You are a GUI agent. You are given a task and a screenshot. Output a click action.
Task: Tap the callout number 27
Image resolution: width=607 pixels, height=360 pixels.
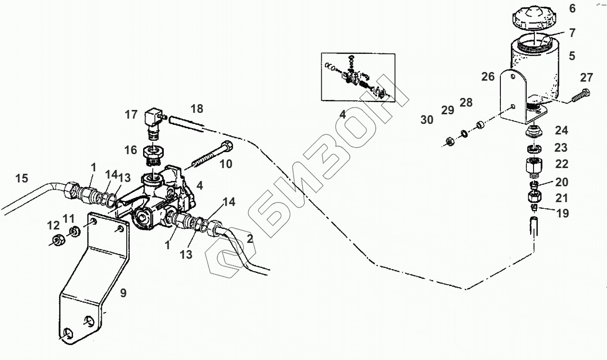pyautogui.click(x=586, y=77)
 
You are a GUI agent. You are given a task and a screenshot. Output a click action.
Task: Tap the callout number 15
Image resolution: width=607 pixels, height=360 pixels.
pyautogui.click(x=21, y=179)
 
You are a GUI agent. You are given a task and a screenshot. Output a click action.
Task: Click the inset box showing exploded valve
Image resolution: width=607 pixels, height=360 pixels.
pyautogui.click(x=358, y=77)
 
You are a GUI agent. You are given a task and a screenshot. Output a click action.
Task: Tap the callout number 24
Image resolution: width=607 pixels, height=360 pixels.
pyautogui.click(x=561, y=130)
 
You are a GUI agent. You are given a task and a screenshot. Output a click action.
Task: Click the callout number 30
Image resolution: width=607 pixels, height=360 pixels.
pyautogui.click(x=427, y=120)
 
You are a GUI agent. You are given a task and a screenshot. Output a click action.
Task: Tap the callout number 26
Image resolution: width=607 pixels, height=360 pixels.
pyautogui.click(x=488, y=77)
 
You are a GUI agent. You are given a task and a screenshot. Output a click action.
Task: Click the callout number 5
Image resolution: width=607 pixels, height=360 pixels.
pyautogui.click(x=571, y=56)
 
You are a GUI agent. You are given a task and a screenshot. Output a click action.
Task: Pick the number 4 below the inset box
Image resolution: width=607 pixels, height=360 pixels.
pyautogui.click(x=342, y=115)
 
